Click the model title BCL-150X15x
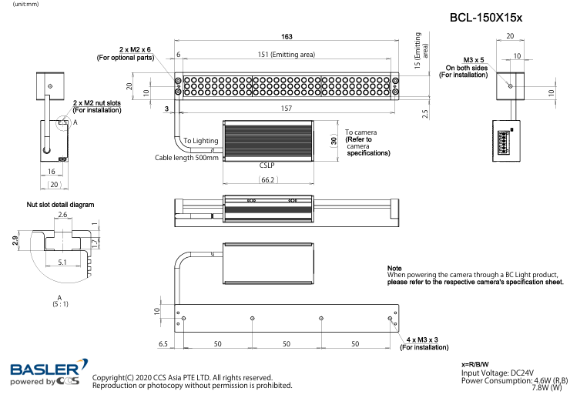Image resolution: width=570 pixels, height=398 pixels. (485, 18)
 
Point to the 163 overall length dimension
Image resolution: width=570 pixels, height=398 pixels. (287, 37)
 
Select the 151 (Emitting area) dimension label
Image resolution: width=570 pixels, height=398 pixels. (286, 54)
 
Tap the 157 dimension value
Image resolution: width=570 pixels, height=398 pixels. (287, 109)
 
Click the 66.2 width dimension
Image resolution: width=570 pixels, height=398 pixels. (268, 179)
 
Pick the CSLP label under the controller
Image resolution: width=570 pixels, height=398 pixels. (267, 165)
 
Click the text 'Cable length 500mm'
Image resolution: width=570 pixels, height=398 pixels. (187, 157)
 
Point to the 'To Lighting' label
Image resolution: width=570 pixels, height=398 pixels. (200, 141)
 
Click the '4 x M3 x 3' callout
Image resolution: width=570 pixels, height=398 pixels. (422, 339)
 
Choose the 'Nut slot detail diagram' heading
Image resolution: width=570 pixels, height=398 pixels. (60, 205)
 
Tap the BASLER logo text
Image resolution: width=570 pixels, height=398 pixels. (44, 370)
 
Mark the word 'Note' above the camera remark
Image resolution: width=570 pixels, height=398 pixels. (394, 267)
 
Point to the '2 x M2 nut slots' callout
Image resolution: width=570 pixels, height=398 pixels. (97, 102)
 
